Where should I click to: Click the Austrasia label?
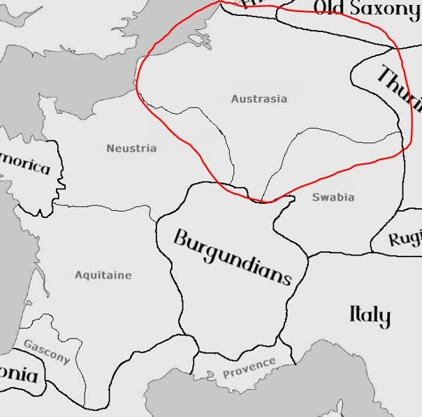[x=259, y=99]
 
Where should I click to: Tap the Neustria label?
[x=131, y=148]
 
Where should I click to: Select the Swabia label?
[x=333, y=198]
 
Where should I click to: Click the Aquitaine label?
[x=103, y=275]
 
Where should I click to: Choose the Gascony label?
[x=47, y=351]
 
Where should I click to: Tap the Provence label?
[x=249, y=367]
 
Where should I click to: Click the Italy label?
[x=370, y=316]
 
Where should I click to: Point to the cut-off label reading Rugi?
[x=405, y=239]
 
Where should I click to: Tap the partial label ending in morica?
[x=26, y=166]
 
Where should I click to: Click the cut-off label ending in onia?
[x=19, y=375]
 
